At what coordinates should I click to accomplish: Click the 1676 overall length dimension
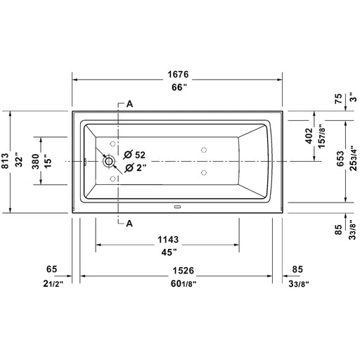click(x=178, y=75)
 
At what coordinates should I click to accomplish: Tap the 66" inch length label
click(x=179, y=87)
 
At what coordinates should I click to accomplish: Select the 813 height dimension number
click(x=5, y=161)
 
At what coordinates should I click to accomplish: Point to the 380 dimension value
click(x=36, y=161)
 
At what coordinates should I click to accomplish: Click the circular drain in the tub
click(x=108, y=161)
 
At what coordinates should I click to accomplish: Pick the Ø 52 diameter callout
click(x=134, y=155)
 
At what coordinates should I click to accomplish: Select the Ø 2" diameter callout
click(x=135, y=168)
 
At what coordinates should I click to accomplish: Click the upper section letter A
click(x=129, y=104)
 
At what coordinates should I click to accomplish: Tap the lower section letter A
click(x=129, y=224)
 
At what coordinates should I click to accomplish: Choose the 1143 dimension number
click(x=168, y=240)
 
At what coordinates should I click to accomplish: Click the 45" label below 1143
click(x=169, y=252)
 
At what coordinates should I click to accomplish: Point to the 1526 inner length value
click(x=184, y=271)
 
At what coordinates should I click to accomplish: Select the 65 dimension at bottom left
click(x=51, y=269)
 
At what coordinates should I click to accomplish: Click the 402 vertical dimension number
click(x=309, y=136)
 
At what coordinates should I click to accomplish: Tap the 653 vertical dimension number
click(x=340, y=159)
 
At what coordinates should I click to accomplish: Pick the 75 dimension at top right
click(x=338, y=98)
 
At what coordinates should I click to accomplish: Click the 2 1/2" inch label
click(x=53, y=284)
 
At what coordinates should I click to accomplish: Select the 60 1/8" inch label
click(x=184, y=284)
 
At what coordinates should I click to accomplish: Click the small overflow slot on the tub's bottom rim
click(x=177, y=207)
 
